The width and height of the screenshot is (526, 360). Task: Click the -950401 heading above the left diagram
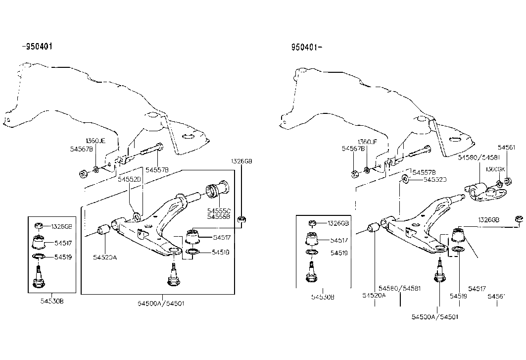(x=37, y=47)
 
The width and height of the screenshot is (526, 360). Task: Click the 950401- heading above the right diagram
(x=307, y=48)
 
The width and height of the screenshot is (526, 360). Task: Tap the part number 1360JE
(x=96, y=141)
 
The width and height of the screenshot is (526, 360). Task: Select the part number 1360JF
(x=367, y=142)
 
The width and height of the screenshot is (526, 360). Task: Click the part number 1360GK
(x=495, y=169)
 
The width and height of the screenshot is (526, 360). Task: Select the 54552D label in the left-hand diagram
(x=130, y=179)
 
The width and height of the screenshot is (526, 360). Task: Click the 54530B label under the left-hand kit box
(x=51, y=301)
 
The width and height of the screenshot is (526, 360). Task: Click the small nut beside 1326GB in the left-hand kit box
(x=39, y=227)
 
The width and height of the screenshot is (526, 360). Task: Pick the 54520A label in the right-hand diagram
(x=374, y=296)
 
